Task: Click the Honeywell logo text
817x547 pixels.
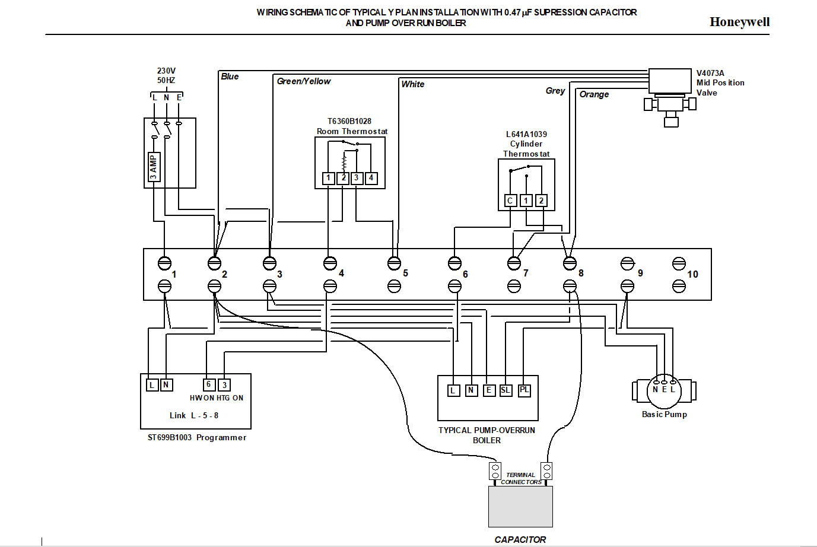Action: [x=739, y=22]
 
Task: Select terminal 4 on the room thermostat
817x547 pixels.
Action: [x=371, y=178]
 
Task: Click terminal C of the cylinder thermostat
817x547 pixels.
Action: [x=510, y=201]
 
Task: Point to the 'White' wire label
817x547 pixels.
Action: [x=413, y=84]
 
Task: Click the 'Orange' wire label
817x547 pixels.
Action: [x=594, y=94]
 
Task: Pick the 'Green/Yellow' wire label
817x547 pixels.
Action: [x=304, y=81]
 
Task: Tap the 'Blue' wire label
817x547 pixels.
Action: [x=230, y=77]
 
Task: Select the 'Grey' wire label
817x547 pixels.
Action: [x=555, y=91]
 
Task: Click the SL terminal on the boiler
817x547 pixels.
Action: [x=506, y=390]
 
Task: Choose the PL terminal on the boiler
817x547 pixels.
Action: [x=524, y=390]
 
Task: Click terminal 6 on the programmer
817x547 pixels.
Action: [x=208, y=384]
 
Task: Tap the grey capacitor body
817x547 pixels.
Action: [x=520, y=507]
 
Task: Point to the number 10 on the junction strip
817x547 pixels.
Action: [x=692, y=274]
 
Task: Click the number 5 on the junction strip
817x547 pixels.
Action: [x=405, y=273]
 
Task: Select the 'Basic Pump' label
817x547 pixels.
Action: [x=664, y=414]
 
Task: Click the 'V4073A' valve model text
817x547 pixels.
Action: [x=710, y=74]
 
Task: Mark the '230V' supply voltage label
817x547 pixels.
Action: [x=166, y=71]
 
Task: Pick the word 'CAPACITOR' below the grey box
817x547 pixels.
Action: [x=520, y=539]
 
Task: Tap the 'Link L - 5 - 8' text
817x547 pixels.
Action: [x=194, y=415]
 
